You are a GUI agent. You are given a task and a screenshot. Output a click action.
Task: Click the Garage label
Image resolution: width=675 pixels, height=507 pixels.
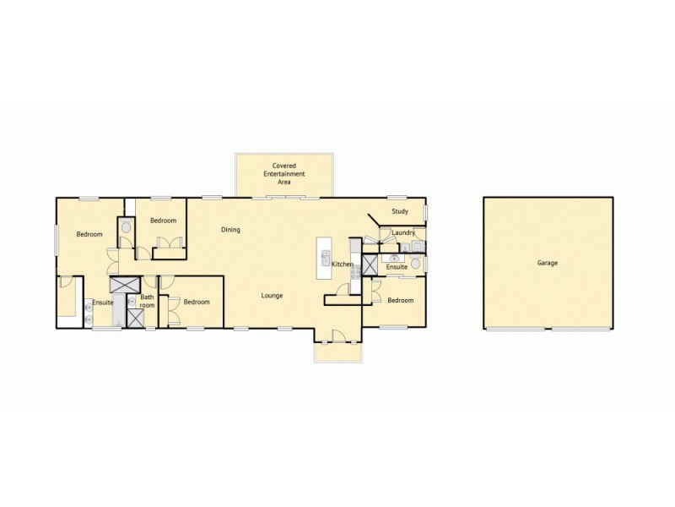pyautogui.click(x=547, y=263)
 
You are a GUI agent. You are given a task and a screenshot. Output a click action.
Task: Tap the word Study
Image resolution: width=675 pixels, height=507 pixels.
pyautogui.click(x=400, y=211)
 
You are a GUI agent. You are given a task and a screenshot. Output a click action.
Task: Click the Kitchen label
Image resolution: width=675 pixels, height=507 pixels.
pyautogui.click(x=342, y=265)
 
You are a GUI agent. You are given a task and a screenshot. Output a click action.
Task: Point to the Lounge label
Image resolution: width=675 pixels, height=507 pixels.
pyautogui.click(x=272, y=296)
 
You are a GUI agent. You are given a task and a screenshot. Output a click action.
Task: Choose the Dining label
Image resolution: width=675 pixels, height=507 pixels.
pyautogui.click(x=230, y=230)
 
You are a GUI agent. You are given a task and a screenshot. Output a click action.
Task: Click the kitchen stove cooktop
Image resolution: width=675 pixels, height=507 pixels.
pyautogui.click(x=356, y=270)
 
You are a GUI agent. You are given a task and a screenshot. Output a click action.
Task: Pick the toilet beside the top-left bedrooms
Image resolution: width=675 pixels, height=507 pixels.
pyautogui.click(x=125, y=226)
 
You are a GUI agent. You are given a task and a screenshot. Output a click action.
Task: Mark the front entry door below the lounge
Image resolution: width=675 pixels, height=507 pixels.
pyautogui.click(x=337, y=336)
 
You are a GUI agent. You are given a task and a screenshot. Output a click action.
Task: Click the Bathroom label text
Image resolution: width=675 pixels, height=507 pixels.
pyautogui.click(x=147, y=301)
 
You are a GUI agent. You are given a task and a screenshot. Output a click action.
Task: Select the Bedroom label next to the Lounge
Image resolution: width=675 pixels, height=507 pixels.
pyautogui.click(x=196, y=302)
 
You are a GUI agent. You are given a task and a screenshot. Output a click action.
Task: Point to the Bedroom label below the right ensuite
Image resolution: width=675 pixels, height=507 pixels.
pyautogui.click(x=401, y=300)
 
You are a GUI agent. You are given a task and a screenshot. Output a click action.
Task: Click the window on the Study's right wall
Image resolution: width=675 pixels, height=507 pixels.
pyautogui.click(x=426, y=211)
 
